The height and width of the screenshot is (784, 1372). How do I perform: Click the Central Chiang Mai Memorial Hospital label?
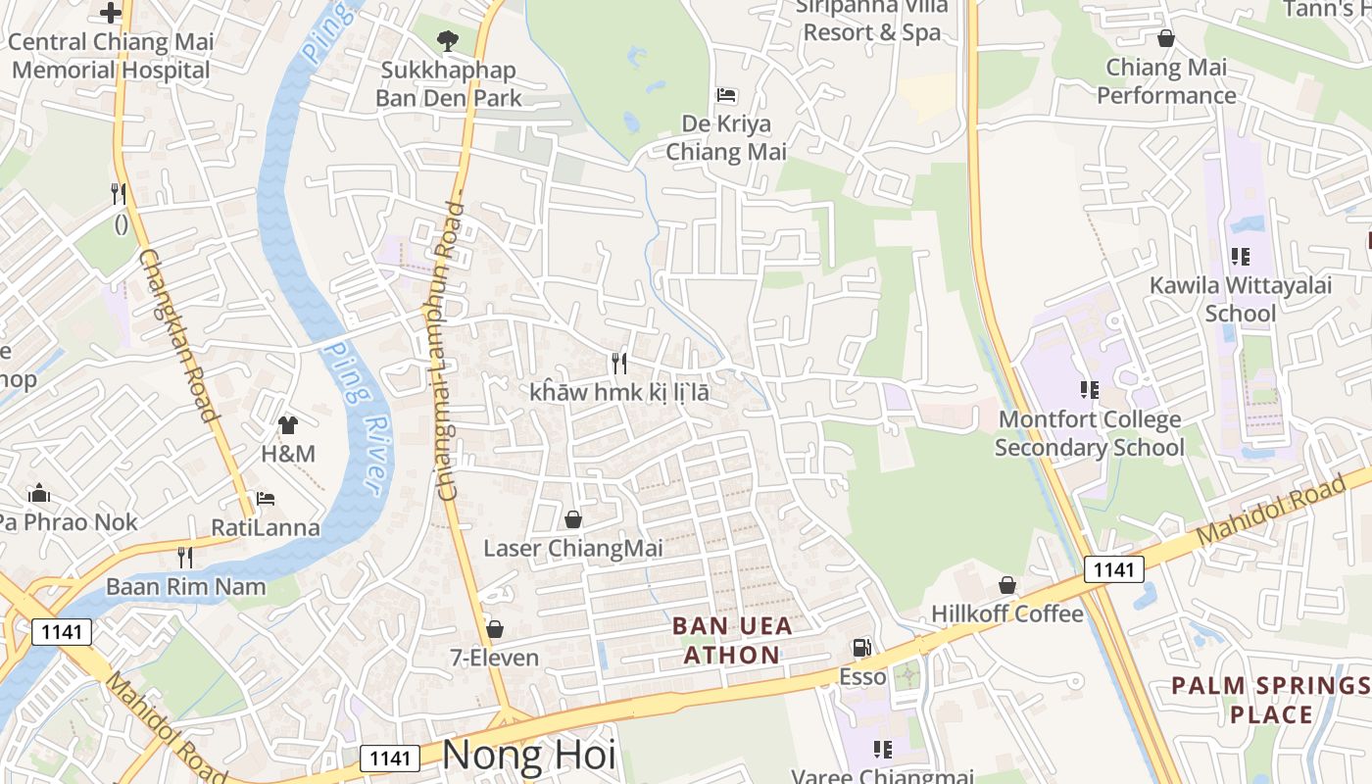110,56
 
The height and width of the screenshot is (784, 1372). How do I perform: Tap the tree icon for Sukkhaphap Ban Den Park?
448,40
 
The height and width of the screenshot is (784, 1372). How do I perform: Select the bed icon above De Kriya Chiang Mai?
726,95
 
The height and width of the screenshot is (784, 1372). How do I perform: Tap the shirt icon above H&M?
287,424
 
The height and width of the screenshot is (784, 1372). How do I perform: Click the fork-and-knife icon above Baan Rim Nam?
185,558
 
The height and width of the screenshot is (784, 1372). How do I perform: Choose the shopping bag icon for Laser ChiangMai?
573,518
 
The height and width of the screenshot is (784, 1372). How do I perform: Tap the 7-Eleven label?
494,658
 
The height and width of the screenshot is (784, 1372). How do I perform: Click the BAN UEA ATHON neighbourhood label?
732,640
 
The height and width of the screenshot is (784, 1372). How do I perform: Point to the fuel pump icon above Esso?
861,648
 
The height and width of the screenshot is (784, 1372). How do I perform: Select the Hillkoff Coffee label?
1007,614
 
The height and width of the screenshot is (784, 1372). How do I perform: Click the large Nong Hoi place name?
529,756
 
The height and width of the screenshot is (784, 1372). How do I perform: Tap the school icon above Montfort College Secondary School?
1089,390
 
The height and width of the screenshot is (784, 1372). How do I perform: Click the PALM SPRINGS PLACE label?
1271,700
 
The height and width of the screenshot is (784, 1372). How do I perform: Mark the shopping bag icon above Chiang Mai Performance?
1166,38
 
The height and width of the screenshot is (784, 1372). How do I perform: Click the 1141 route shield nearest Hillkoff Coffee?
1114,569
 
